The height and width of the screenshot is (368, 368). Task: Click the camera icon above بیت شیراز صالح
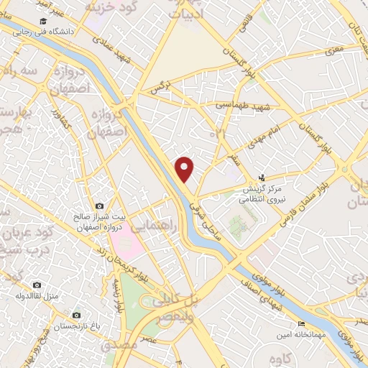[x=99, y=206]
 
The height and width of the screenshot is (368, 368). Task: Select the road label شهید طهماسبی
[x=241, y=104]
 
